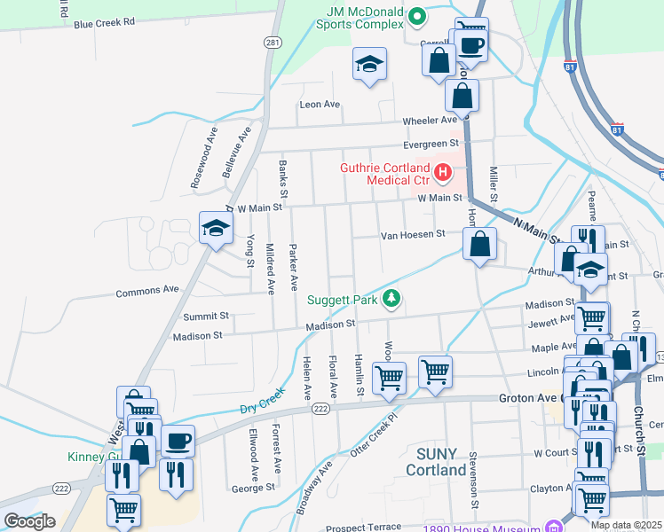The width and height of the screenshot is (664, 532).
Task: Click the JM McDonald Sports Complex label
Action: click(359, 17)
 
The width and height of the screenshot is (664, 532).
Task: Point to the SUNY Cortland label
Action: click(441, 461)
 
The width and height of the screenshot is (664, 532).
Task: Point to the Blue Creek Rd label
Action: click(104, 22)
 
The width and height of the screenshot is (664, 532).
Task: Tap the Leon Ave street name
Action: click(320, 105)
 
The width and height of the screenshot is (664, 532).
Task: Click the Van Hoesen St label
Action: click(413, 235)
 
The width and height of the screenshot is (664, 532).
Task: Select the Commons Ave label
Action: click(147, 289)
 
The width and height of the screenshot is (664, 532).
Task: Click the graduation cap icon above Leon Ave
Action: click(369, 64)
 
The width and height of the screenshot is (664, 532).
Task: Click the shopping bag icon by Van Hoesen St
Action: click(479, 243)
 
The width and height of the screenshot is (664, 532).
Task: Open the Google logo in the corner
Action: click(30, 521)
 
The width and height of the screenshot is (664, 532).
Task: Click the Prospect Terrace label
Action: click(364, 528)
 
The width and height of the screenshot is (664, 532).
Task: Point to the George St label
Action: click(252, 488)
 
